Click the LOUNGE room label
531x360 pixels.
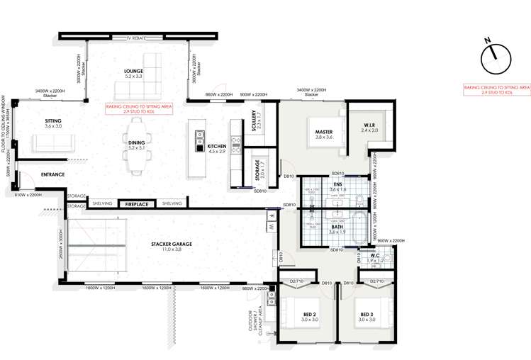point(133,71)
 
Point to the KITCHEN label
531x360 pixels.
point(216,147)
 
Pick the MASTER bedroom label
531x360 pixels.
point(324,133)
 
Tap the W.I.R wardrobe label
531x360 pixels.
point(370,126)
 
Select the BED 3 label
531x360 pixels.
point(367,315)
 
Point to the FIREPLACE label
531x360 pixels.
point(135,204)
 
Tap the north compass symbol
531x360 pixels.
point(496,58)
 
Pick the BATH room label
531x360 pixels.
point(336,227)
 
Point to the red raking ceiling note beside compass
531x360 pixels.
point(496,90)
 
